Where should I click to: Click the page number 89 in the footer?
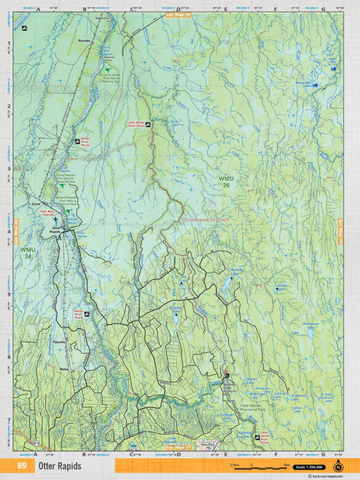(21, 466)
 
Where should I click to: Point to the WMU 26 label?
(226, 182)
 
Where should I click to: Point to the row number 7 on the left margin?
(9, 420)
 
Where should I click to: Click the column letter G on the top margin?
(322, 10)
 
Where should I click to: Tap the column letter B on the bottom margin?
(84, 453)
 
